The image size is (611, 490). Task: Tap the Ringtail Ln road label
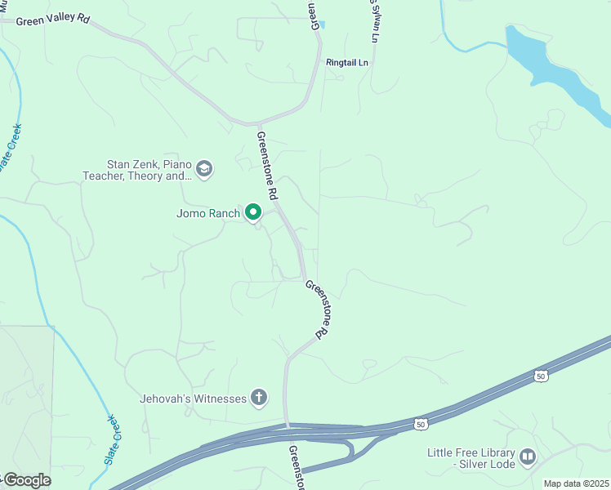tap(347, 62)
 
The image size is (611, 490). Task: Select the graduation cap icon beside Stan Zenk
tap(203, 170)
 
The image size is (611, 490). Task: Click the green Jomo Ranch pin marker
tap(253, 213)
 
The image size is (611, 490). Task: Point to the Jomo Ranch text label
tap(208, 214)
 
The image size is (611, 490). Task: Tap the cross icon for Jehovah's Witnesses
tap(259, 398)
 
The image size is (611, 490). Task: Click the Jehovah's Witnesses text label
tap(193, 399)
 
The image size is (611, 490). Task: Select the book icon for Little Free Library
tap(527, 457)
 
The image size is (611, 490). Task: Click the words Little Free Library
tap(471, 452)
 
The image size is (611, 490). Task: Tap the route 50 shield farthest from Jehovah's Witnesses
tap(540, 376)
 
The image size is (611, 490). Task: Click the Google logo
tap(27, 480)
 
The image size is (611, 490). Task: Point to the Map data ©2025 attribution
tap(575, 483)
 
